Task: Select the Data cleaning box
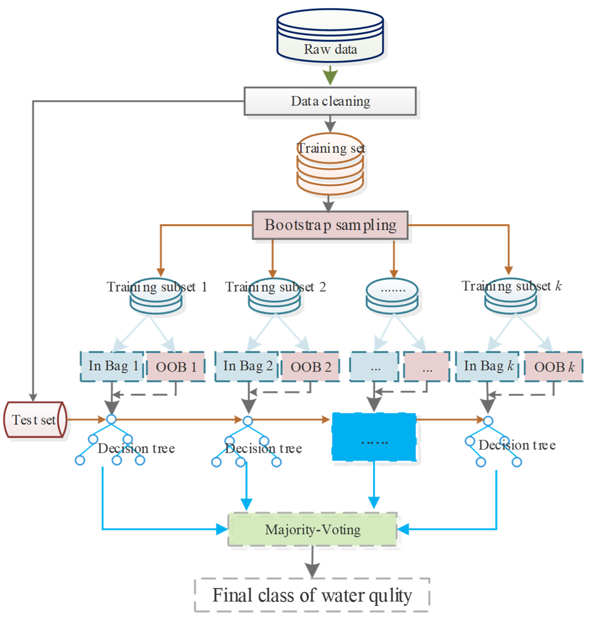[x=330, y=101]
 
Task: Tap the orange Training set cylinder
[x=330, y=165]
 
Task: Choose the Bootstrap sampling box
[x=330, y=225]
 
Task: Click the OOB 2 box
[x=310, y=366]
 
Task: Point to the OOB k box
[x=554, y=366]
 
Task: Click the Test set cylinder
[x=35, y=420]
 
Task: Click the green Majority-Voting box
[x=312, y=529]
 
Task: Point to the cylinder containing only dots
[x=392, y=296]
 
